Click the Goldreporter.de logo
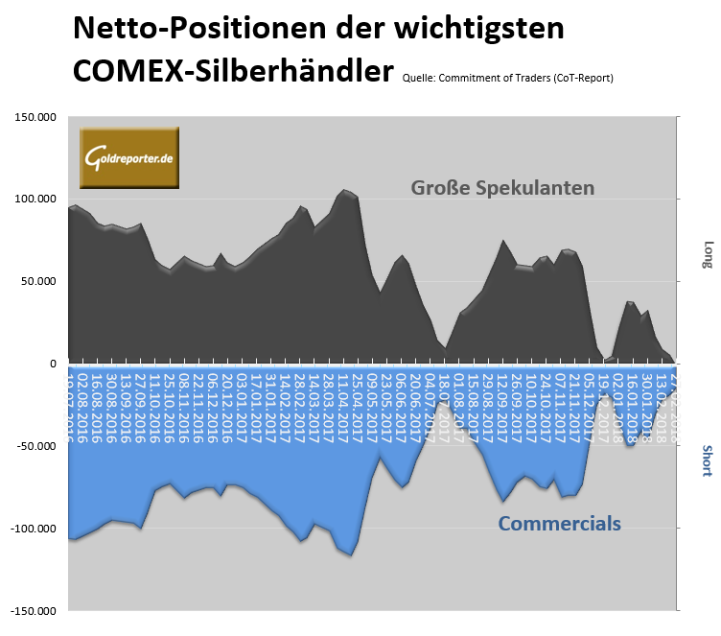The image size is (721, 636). click(x=129, y=156)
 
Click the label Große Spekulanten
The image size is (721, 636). click(x=502, y=187)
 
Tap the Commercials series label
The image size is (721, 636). click(x=559, y=524)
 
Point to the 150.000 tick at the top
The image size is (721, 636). click(x=35, y=118)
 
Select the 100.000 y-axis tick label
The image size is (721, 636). click(x=35, y=200)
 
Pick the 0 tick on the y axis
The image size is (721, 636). click(x=55, y=364)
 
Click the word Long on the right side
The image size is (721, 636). click(x=708, y=254)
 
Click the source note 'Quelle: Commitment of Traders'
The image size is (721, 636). click(x=508, y=77)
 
